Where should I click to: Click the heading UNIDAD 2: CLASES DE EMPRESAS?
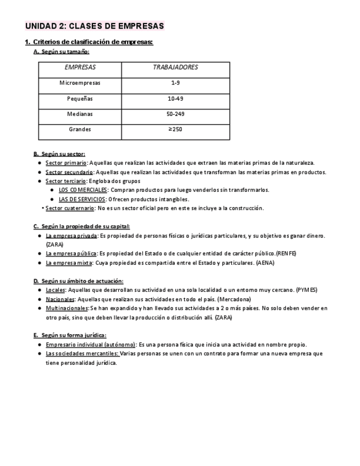[x=95, y=26]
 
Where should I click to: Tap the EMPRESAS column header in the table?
[x=80, y=68]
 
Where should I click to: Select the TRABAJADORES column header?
[x=175, y=68]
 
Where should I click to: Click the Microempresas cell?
[x=80, y=83]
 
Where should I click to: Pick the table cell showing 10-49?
[x=175, y=99]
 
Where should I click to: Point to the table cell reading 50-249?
[x=175, y=114]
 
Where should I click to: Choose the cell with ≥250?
[x=175, y=130]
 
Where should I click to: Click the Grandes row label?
[x=80, y=130]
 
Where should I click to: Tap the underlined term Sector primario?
[x=66, y=163]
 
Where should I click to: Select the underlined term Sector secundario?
[x=69, y=172]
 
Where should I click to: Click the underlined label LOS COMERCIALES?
[x=83, y=190]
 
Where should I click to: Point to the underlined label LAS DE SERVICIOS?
[x=83, y=199]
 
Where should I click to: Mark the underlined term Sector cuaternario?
[x=69, y=208]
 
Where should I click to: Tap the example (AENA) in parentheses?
[x=265, y=263]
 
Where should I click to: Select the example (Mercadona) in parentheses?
[x=234, y=299]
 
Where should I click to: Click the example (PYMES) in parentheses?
[x=306, y=290]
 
